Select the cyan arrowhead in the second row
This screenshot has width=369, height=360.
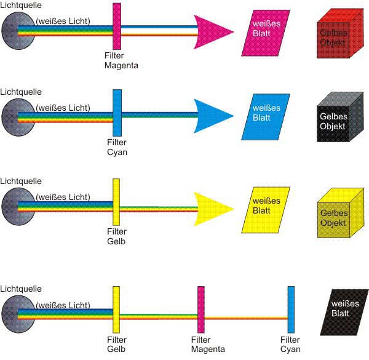(x=212, y=115)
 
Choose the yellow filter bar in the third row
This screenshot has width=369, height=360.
(x=116, y=202)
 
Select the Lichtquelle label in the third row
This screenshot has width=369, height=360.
(x=21, y=182)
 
